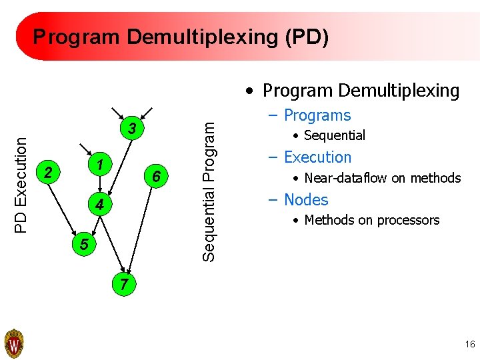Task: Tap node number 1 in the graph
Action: [x=98, y=164]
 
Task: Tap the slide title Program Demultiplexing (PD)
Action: [x=181, y=37]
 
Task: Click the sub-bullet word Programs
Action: [x=317, y=115]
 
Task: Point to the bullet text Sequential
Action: [x=334, y=135]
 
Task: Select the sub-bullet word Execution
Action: [x=317, y=157]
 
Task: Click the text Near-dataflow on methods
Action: [x=382, y=178]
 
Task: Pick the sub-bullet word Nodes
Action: [x=306, y=199]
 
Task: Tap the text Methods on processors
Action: [x=371, y=220]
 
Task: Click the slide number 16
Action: [x=469, y=344]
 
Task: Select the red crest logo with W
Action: [x=14, y=344]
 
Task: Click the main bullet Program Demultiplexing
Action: [x=360, y=91]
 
